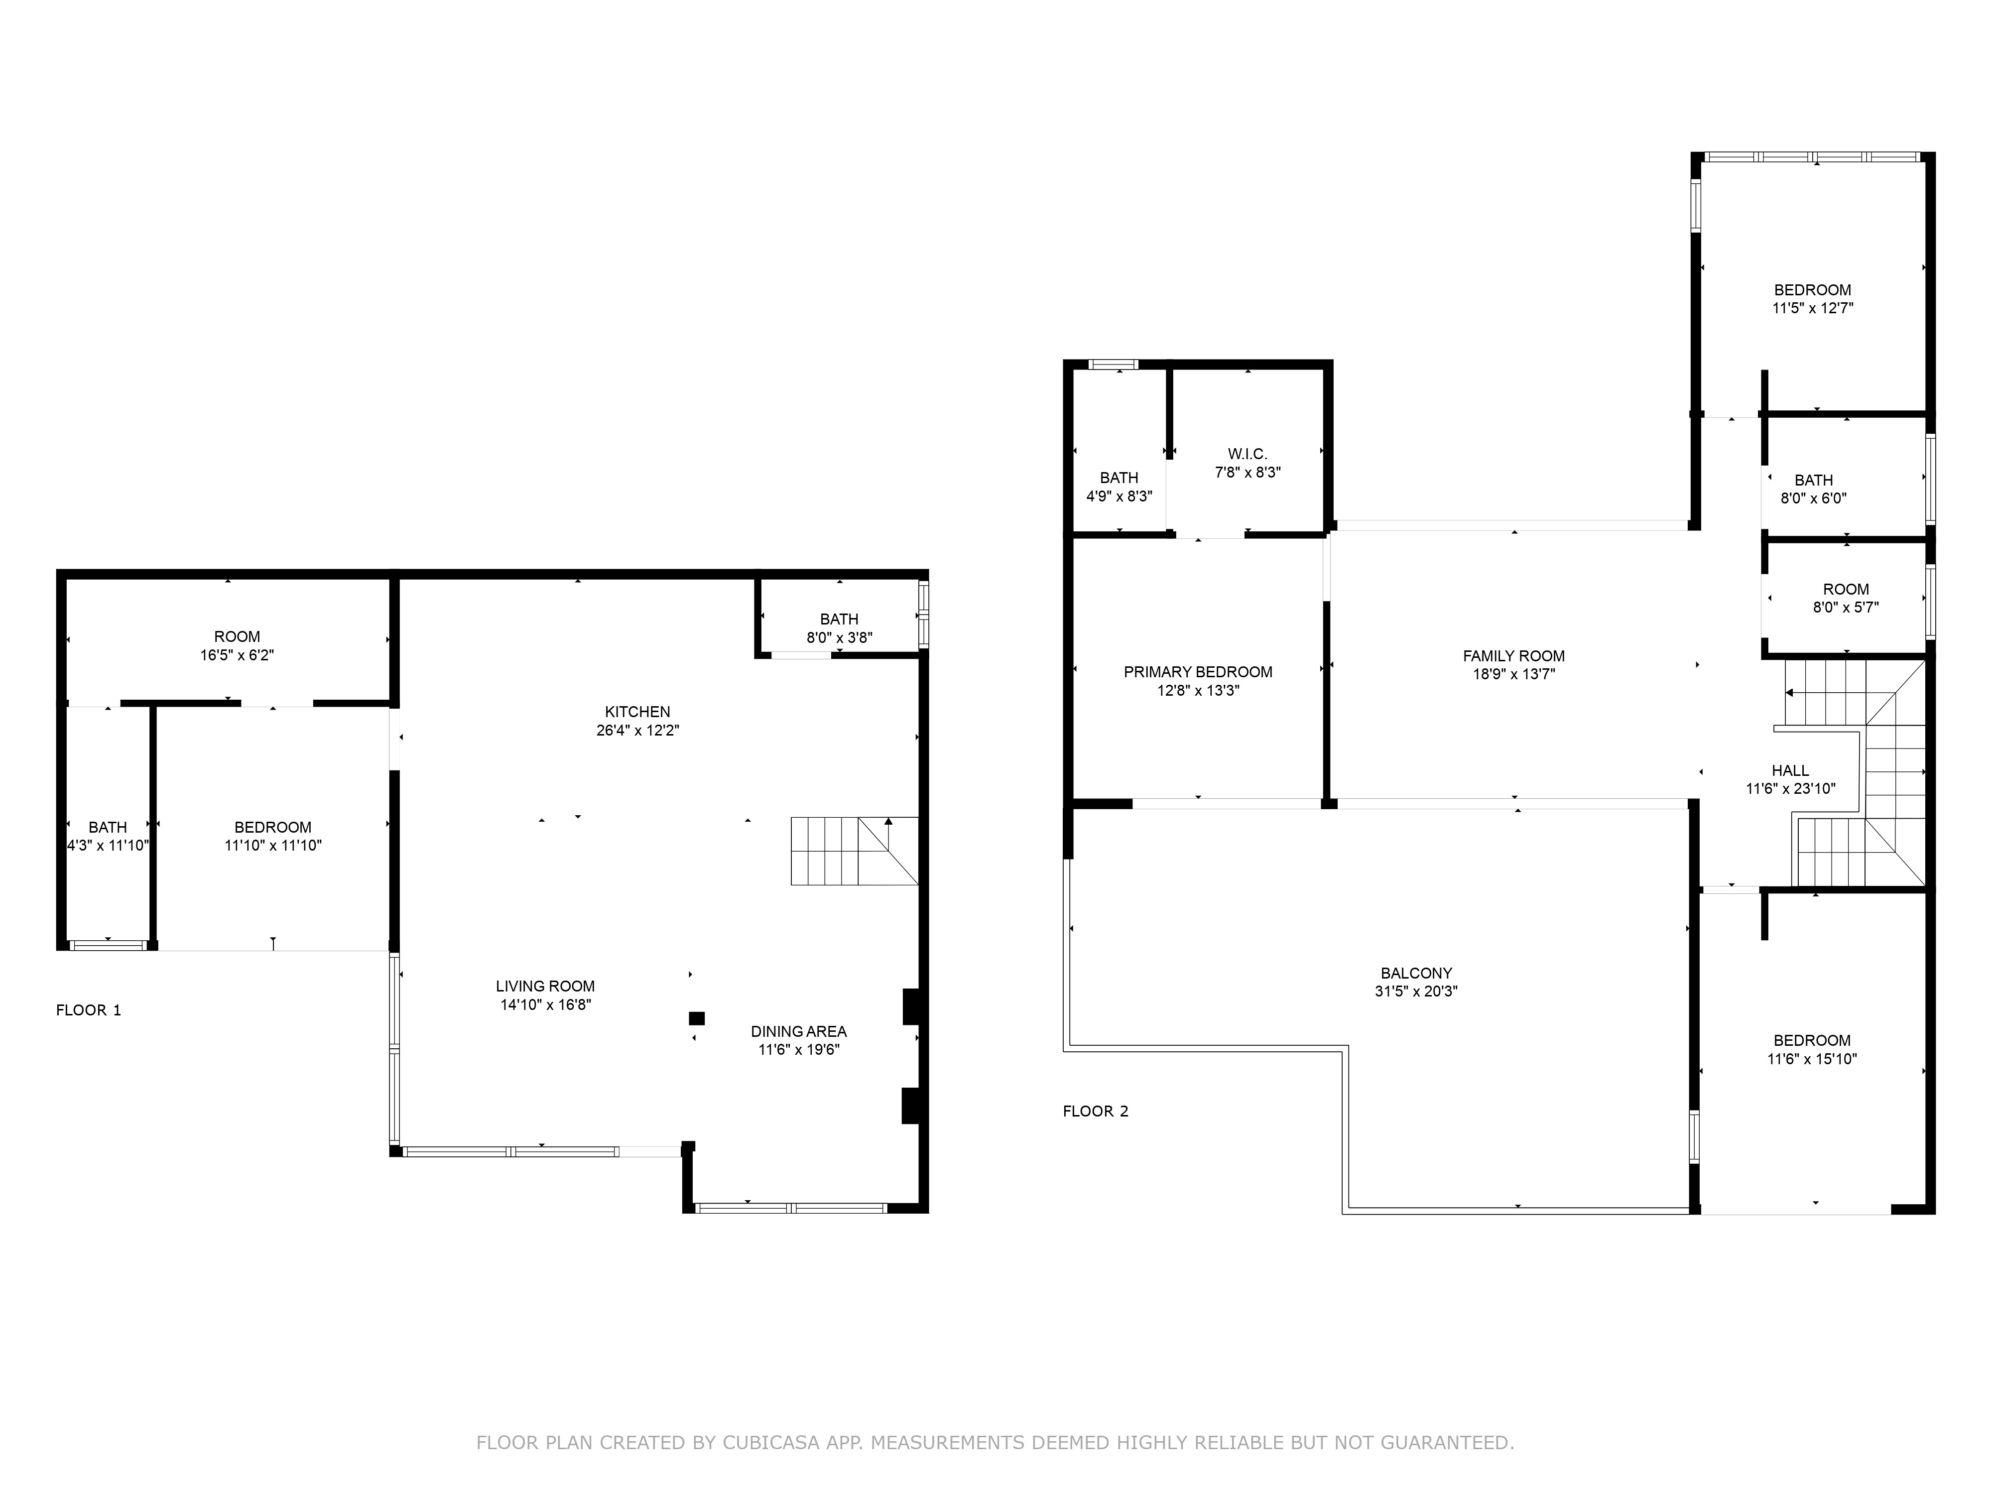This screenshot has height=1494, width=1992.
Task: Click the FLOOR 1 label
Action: coord(88,1010)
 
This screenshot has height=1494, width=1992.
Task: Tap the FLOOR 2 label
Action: coord(1095,1111)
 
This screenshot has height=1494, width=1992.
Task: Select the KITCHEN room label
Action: coord(637,712)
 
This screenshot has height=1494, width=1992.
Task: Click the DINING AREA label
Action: coord(799,1032)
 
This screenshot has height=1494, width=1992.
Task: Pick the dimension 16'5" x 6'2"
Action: coord(237,655)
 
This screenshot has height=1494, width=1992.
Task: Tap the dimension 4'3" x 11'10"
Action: coord(108,846)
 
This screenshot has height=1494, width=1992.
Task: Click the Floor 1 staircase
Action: coord(855,851)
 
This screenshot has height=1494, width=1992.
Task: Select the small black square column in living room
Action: coord(696,1018)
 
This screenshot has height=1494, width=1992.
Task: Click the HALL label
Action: coord(1790,771)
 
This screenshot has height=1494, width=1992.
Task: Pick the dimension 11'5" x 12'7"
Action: coord(1813,308)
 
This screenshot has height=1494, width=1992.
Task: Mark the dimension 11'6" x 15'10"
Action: coord(1812,1059)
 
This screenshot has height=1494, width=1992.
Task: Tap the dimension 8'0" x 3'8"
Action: coord(839,637)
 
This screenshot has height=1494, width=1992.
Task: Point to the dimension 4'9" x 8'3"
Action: coord(1120,496)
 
